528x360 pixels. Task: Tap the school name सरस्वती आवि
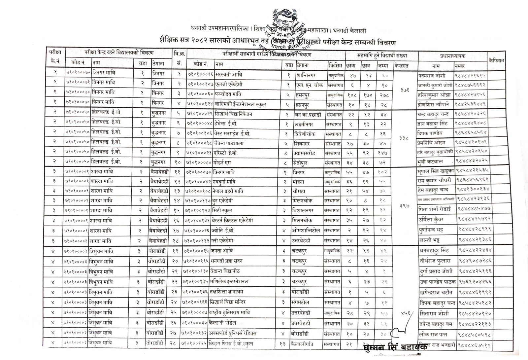tap(228, 75)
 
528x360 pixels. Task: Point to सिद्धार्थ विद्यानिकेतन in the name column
tap(234, 114)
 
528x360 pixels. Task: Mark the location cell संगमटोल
tap(303, 302)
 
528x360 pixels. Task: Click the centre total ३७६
tap(405, 90)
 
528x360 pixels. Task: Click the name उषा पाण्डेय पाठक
tap(437, 282)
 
